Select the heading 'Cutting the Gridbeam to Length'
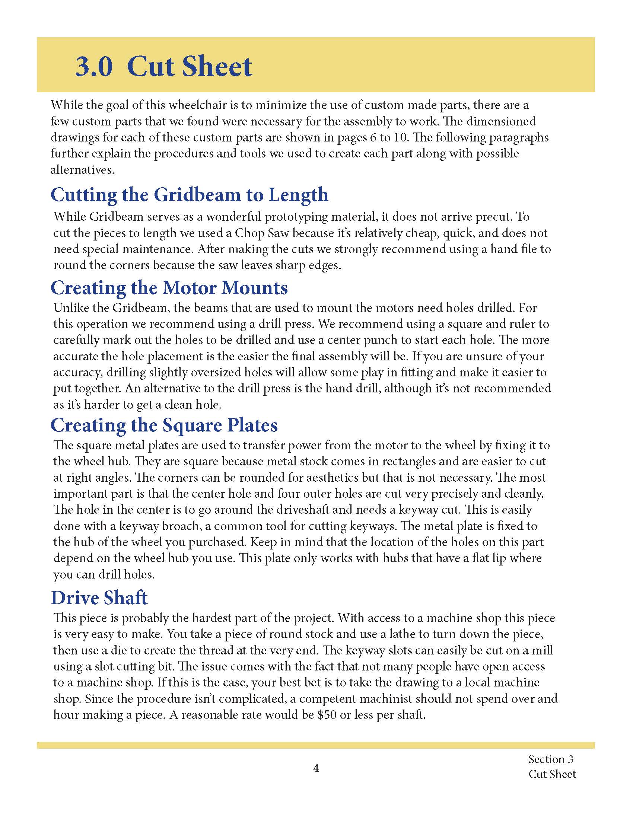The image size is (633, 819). pos(190,195)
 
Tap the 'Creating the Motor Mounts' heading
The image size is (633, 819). pos(169,288)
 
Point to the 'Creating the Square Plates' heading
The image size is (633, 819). pos(164,425)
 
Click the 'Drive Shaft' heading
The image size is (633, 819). pos(99,597)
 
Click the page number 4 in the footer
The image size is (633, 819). pos(316,768)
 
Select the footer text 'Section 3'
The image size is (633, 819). pos(550,759)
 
